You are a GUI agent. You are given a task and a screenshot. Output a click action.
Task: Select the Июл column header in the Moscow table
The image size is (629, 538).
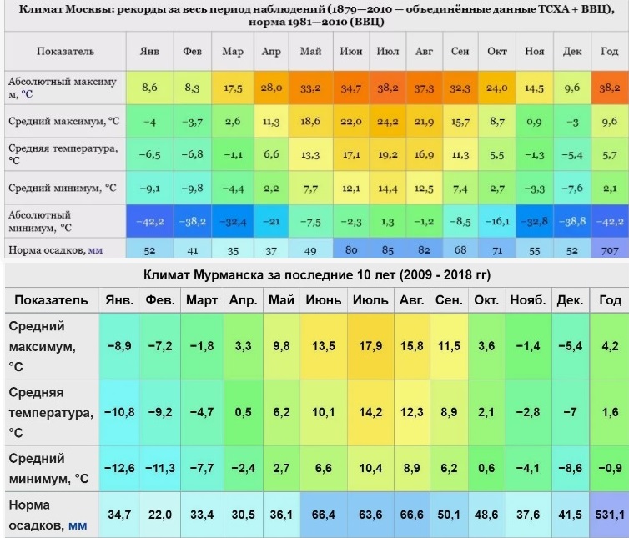point(385,51)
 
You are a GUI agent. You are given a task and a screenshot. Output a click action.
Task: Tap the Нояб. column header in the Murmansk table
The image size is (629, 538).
point(528,299)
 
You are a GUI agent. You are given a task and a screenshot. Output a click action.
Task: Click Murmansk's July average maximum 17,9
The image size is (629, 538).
point(369,345)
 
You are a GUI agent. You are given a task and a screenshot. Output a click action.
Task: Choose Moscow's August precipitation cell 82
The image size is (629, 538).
point(424,249)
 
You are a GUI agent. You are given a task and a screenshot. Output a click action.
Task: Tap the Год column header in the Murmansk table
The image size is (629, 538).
point(609,299)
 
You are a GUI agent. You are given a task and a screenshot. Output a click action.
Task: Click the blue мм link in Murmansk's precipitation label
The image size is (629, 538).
point(77,526)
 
